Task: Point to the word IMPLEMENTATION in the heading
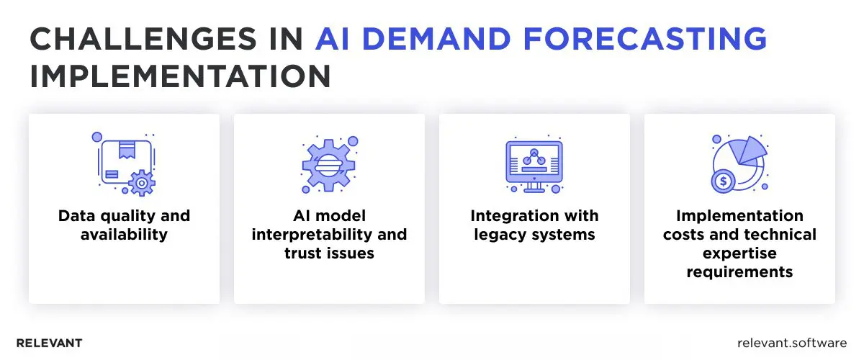pyautogui.click(x=180, y=76)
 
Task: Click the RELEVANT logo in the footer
pyautogui.click(x=49, y=343)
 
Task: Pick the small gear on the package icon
pyautogui.click(x=141, y=184)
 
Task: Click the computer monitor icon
pyautogui.click(x=534, y=164)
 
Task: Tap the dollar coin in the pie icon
pyautogui.click(x=723, y=181)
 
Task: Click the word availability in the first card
pyautogui.click(x=124, y=234)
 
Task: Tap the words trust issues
pyautogui.click(x=330, y=253)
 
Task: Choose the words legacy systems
pyautogui.click(x=534, y=234)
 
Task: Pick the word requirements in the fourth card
pyautogui.click(x=739, y=271)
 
